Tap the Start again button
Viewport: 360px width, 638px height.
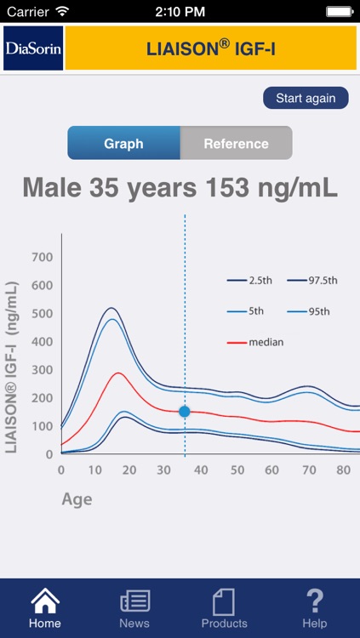tap(306, 98)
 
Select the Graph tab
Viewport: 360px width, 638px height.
tap(123, 143)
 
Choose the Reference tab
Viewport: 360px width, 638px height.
tap(236, 143)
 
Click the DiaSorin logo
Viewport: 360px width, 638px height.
tap(33, 48)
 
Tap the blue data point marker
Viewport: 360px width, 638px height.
tap(184, 412)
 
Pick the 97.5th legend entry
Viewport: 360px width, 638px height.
tap(312, 280)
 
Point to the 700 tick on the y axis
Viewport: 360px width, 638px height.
tap(43, 257)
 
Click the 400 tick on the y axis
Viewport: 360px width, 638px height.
tap(43, 342)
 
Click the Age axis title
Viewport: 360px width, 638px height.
tap(77, 499)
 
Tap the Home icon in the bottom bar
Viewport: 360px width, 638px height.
tap(45, 602)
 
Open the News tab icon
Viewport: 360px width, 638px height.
tap(134, 602)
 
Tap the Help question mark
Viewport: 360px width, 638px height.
tap(315, 602)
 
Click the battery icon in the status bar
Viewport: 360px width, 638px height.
tap(340, 12)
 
